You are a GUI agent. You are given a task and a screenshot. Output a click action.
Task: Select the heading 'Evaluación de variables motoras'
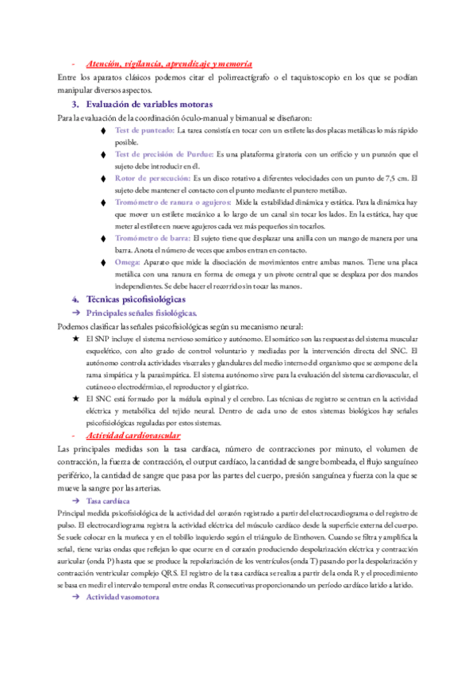pyautogui.click(x=148, y=104)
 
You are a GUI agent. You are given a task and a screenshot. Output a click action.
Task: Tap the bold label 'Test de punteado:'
pyautogui.click(x=144, y=129)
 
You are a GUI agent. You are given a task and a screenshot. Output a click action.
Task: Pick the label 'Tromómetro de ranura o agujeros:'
pyautogui.click(x=172, y=202)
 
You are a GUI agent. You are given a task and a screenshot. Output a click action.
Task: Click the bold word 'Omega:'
pyautogui.click(x=127, y=262)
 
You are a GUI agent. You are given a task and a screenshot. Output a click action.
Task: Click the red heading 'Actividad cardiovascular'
pyautogui.click(x=132, y=436)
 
